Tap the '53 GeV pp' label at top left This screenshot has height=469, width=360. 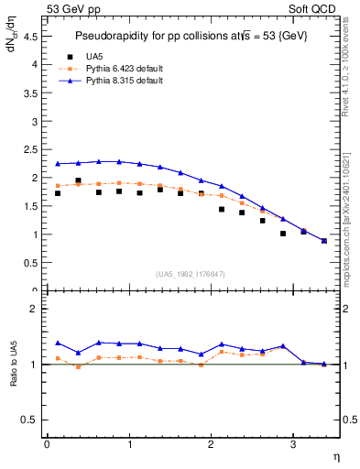pos(74,8)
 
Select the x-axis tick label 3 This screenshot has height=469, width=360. pos(292,444)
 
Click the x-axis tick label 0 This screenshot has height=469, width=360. pos(47,444)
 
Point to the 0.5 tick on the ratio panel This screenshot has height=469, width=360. pos(29,420)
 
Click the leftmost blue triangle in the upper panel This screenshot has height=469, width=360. pos(58,164)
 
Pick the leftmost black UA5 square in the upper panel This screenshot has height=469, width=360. pos(58,193)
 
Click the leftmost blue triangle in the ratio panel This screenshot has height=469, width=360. pos(58,343)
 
